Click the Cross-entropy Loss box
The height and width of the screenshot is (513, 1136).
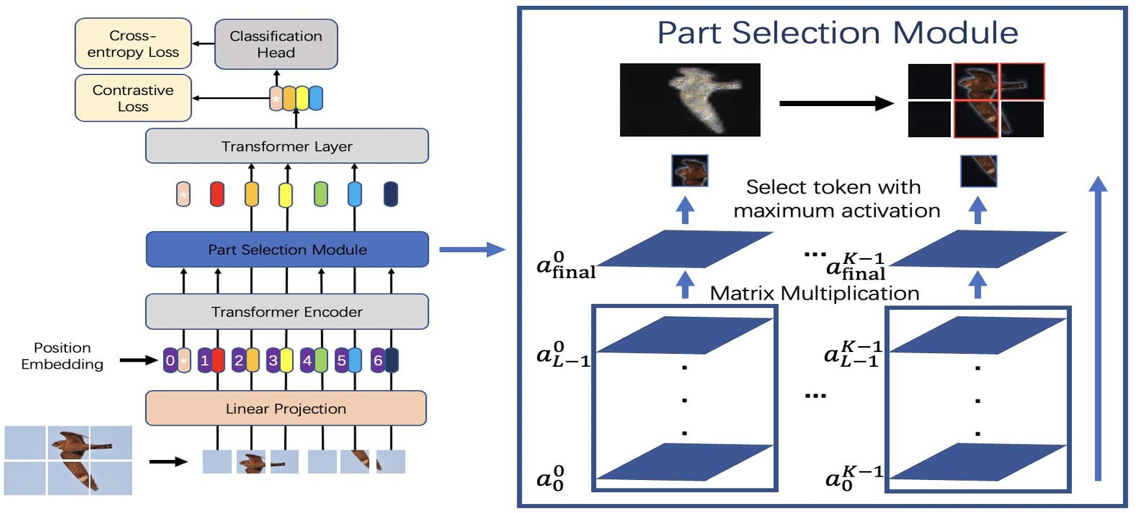pos(133,44)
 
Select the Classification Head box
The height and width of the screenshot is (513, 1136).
pos(276,44)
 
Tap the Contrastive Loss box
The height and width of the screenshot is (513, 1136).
pos(133,98)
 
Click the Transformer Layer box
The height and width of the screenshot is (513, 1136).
pos(287,146)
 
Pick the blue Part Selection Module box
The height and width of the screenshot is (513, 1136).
pos(287,250)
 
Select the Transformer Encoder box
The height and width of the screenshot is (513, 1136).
pos(287,312)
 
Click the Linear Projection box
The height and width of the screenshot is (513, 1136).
pos(285,409)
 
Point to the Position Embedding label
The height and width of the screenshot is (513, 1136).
pos(62,356)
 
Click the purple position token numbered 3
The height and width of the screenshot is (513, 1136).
pos(273,360)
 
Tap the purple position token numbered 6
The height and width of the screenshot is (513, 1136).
pos(377,360)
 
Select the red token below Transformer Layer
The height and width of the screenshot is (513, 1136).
pos(217,194)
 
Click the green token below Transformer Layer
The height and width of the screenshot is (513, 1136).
pos(320,194)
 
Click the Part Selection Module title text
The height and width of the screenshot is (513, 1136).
pos(837,32)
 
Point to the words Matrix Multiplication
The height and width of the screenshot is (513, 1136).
pos(814,293)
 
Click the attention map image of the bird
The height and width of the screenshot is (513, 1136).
pos(690,100)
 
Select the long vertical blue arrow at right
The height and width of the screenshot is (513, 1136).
pos(1098,330)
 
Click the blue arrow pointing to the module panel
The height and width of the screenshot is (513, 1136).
pos(472,250)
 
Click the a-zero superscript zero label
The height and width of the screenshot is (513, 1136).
pos(551,478)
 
